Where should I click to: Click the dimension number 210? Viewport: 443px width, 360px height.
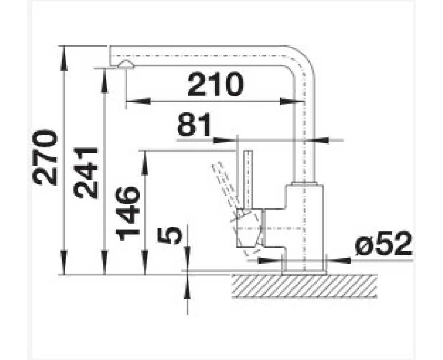point(215,84)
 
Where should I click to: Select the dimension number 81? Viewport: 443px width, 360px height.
point(194,125)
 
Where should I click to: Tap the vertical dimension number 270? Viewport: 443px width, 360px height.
point(45,157)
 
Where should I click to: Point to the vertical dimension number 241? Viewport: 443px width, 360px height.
point(86,172)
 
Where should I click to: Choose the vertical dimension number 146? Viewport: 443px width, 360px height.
point(127,213)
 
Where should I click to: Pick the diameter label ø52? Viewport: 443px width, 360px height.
point(383,244)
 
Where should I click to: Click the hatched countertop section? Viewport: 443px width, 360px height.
point(305,286)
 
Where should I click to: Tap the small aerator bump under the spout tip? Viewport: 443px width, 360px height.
point(126,64)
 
